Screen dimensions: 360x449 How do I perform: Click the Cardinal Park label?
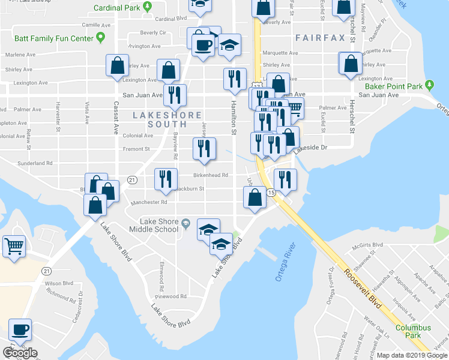116,8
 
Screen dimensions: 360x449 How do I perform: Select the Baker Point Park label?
394,86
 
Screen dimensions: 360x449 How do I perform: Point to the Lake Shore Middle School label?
160,226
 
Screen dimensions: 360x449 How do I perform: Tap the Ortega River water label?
285,257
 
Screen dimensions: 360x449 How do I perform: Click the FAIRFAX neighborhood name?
321,38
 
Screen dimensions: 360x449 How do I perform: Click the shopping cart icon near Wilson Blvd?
13,245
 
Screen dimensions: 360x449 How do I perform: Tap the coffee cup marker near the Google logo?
20,330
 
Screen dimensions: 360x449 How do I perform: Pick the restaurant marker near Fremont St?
204,148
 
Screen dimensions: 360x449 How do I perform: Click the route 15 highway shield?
271,193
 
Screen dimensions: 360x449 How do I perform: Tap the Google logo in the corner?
20,353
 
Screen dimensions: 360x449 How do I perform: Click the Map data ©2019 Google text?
412,355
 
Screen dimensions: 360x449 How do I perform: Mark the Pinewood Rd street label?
171,296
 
